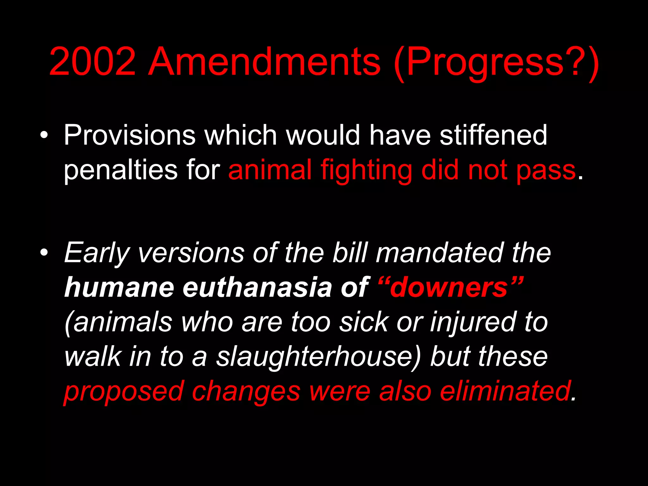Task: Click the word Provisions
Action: click(130, 135)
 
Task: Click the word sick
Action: click(364, 322)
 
